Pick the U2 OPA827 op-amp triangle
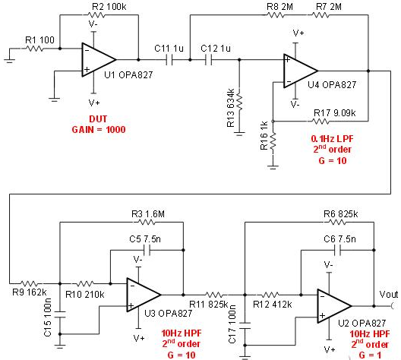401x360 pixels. coord(334,306)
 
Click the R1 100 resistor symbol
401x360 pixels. coord(34,49)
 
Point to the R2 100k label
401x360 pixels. coord(109,7)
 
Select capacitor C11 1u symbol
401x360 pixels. coord(169,60)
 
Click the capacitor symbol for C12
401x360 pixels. coord(209,60)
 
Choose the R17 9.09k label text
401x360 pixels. coord(334,112)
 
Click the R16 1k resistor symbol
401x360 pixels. coord(273,141)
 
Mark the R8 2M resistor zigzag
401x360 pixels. coord(276,15)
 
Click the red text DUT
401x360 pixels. coord(98,119)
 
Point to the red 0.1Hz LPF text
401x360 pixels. coord(332,139)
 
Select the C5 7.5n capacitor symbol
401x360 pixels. coord(147,250)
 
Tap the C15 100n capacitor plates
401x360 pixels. coord(60,314)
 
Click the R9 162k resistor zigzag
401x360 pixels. coord(29,283)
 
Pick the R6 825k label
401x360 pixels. coord(341,213)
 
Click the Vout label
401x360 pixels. coord(389,295)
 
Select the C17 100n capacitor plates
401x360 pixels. coord(245,326)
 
